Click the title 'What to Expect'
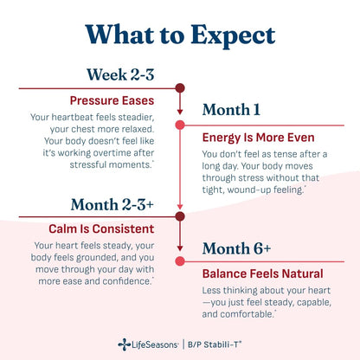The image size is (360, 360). point(180,35)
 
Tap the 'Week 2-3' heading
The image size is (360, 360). point(120,74)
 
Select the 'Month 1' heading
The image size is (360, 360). point(231,110)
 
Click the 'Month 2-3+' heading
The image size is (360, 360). point(112,204)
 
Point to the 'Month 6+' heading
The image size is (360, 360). point(236,248)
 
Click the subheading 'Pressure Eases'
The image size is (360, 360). point(112,100)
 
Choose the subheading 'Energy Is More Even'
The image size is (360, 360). point(258,138)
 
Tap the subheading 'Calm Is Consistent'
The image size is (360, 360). point(101,229)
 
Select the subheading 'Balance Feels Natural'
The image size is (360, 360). point(262,273)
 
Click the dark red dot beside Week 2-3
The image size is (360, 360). point(180,88)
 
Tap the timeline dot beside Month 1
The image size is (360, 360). point(180,125)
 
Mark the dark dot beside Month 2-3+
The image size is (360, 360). point(180,216)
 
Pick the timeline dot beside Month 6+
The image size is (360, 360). point(180,261)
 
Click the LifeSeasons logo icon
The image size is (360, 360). point(124,344)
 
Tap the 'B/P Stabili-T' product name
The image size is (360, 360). point(215,344)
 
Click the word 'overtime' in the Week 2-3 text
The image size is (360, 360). point(113,153)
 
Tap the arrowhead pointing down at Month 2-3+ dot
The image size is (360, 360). point(180,207)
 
